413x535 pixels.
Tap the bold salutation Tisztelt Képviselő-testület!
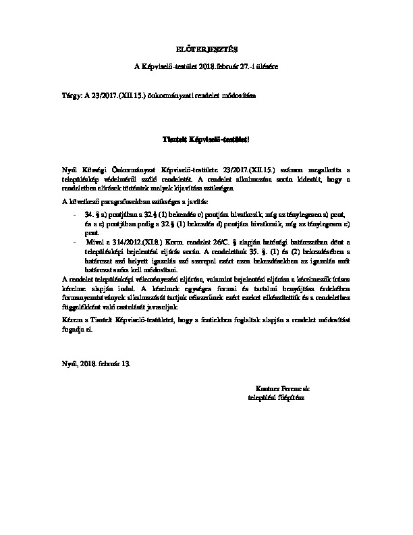pos(206,138)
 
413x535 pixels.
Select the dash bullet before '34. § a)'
pos(74,212)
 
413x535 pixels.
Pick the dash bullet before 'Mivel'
pos(74,240)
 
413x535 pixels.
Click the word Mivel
pos(94,240)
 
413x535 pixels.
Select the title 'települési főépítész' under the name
pos(277,398)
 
